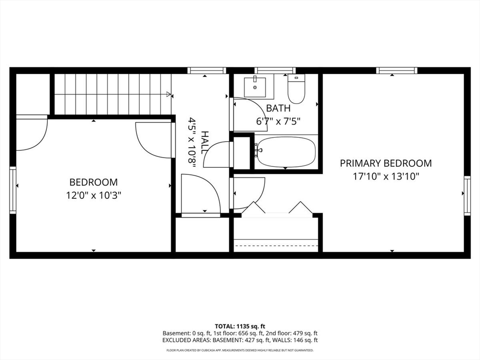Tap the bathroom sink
[x=255, y=87]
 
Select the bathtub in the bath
[x=285, y=151]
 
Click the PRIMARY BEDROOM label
[x=385, y=163]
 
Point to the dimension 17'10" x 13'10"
[x=385, y=177]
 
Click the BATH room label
[x=278, y=108]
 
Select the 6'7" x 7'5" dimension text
[x=278, y=120]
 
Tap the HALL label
[x=205, y=142]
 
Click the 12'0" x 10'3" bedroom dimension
[x=93, y=195]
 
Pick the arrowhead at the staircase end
[x=168, y=94]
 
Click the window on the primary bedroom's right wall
[x=467, y=195]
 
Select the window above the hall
[x=207, y=71]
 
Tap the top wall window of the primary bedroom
[x=397, y=71]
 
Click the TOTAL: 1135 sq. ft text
[x=240, y=326]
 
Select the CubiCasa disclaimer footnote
[x=240, y=350]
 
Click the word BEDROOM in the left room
[x=93, y=182]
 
